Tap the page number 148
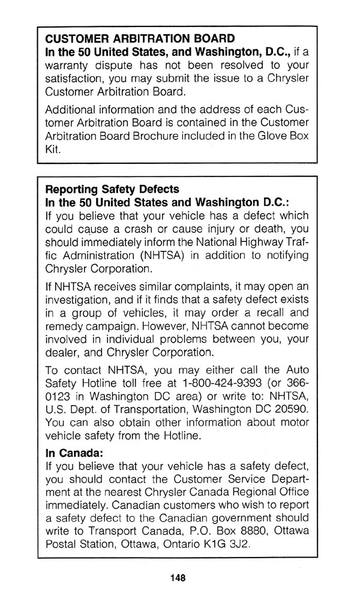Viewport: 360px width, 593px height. click(x=178, y=577)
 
